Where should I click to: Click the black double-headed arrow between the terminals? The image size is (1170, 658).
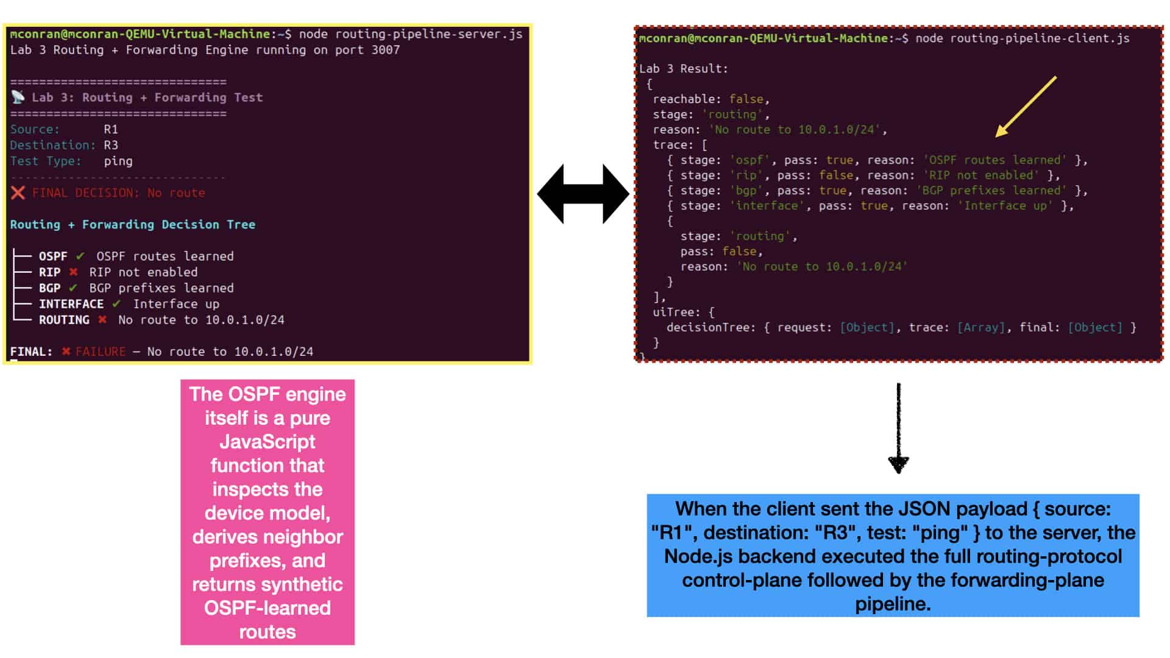click(x=583, y=194)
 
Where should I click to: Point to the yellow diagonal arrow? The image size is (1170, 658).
click(x=1026, y=107)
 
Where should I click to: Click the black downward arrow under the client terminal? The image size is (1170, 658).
click(x=899, y=428)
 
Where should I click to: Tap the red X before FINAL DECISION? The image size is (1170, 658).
click(x=18, y=193)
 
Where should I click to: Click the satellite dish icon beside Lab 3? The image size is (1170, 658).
click(x=18, y=97)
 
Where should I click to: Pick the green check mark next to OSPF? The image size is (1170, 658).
click(x=80, y=256)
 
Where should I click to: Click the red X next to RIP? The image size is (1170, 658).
click(x=73, y=272)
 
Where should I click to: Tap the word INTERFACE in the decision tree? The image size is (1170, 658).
click(x=71, y=303)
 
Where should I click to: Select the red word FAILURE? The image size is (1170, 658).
click(x=101, y=352)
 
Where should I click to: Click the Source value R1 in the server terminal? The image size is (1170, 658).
click(x=111, y=129)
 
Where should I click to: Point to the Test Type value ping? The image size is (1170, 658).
click(x=118, y=161)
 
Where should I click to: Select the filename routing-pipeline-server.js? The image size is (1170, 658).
click(x=429, y=34)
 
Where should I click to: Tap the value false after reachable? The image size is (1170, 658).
click(x=746, y=99)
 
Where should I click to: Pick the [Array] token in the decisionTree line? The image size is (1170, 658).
click(x=981, y=328)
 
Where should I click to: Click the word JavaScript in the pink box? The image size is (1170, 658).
click(x=268, y=442)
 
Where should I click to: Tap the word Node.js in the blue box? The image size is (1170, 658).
click(x=700, y=556)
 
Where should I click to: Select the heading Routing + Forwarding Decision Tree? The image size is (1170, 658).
click(x=133, y=225)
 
